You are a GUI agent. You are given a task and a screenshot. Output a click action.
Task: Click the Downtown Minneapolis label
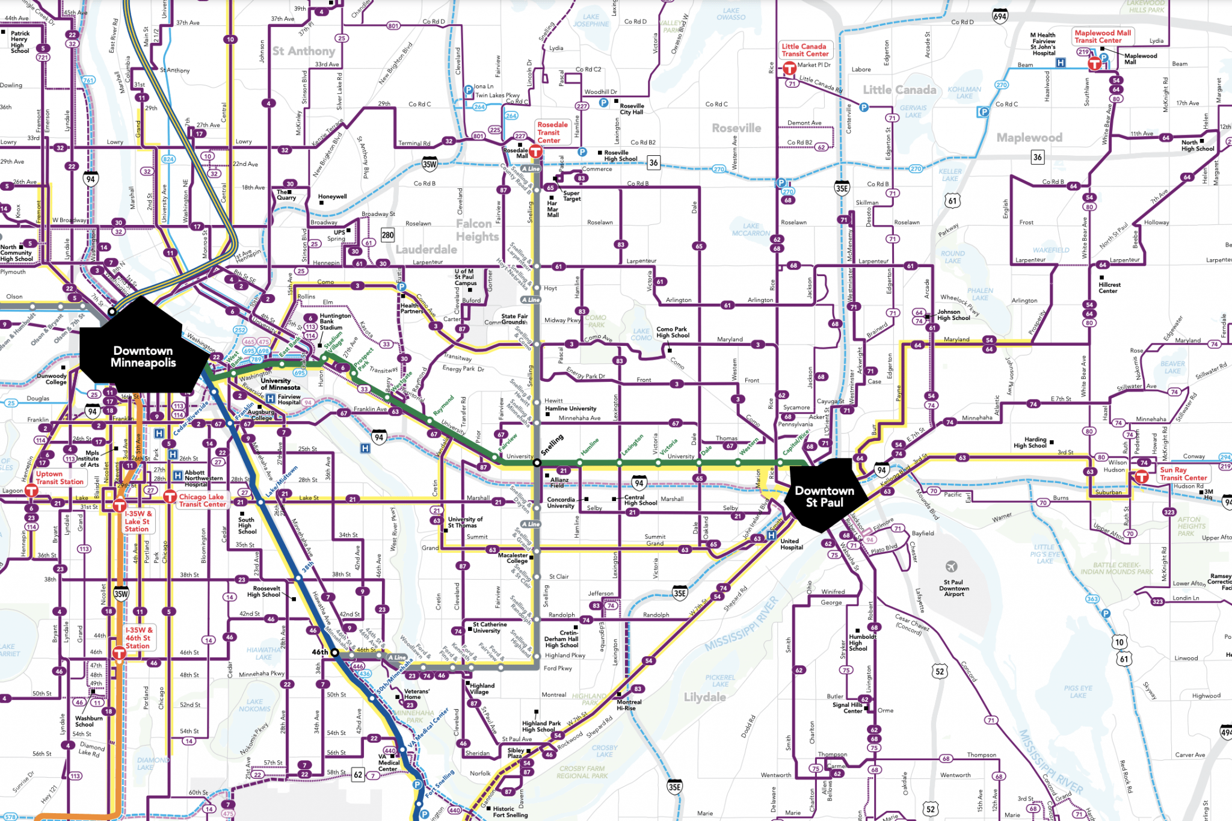143,357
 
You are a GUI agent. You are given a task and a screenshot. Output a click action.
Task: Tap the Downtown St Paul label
824,497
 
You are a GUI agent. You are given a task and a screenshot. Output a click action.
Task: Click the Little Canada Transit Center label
804,50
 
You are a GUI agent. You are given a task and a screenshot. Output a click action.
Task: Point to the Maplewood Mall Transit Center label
1103,37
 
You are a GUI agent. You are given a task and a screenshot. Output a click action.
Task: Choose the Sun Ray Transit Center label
1183,474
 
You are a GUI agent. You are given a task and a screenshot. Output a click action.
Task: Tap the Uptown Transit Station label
59,478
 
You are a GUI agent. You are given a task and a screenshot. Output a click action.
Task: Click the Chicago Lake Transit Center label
202,500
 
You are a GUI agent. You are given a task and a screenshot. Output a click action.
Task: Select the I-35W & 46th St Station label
138,638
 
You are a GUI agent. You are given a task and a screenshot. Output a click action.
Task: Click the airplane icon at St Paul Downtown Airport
951,567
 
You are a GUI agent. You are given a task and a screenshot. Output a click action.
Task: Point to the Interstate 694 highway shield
1000,16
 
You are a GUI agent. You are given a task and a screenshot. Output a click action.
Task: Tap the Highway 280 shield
387,235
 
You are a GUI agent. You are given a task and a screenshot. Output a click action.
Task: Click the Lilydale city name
704,697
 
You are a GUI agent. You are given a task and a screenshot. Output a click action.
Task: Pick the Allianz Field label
559,482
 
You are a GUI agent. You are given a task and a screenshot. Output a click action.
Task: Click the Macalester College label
513,558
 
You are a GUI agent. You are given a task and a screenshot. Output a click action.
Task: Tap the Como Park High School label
673,332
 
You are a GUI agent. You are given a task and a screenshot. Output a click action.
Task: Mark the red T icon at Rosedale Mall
535,153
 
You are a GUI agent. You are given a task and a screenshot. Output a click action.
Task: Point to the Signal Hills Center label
848,707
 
